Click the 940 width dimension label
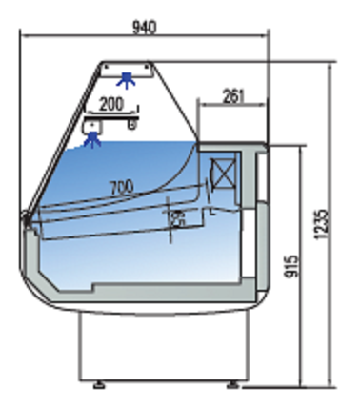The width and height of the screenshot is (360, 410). point(145,28)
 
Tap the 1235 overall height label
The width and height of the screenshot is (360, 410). point(320,224)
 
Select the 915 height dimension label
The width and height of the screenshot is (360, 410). point(290,266)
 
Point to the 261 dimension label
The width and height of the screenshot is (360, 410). point(234,96)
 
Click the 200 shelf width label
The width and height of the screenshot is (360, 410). point(111,104)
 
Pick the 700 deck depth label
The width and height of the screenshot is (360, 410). point(122,188)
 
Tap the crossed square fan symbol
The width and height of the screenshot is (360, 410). point(224,174)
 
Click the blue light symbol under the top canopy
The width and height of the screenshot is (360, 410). point(127,80)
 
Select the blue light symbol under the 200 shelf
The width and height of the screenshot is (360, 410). point(92,140)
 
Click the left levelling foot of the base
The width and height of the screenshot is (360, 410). point(99,385)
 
